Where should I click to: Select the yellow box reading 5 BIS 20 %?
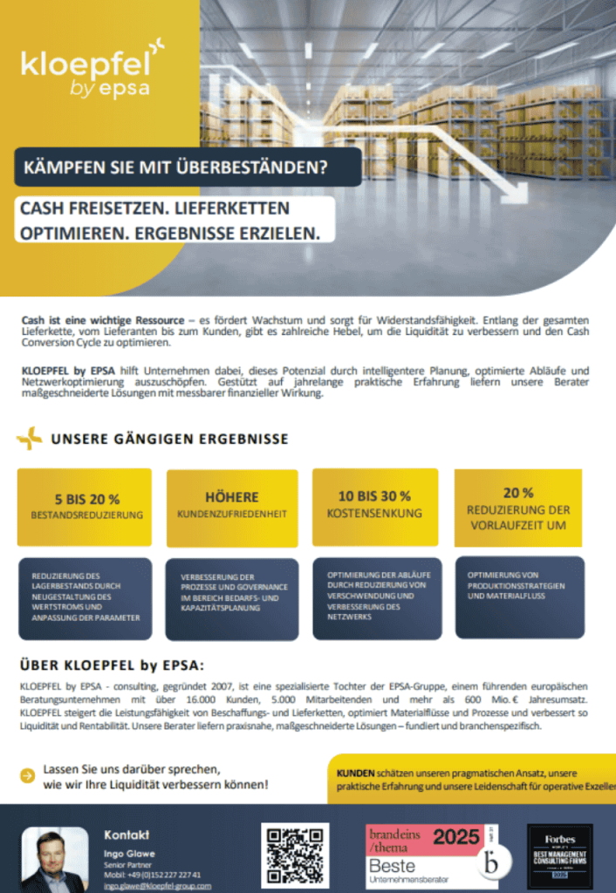tap(85, 507)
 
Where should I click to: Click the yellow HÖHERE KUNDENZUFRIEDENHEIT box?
tap(232, 507)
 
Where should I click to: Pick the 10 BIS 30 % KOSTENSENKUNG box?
tap(374, 505)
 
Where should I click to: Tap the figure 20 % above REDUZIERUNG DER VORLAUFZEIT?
tap(518, 493)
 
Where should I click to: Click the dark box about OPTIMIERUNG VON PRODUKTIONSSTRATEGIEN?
tap(520, 596)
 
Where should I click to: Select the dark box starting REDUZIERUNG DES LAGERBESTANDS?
tap(85, 598)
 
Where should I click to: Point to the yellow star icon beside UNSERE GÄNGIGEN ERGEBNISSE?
tap(30, 439)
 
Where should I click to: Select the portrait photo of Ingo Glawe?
tap(54, 861)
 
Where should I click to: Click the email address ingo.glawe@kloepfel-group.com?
tap(157, 885)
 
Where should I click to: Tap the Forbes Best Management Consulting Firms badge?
tap(560, 856)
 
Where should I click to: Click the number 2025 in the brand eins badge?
tap(456, 837)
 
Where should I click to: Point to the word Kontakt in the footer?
tap(127, 835)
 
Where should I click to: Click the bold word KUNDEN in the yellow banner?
tap(355, 773)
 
